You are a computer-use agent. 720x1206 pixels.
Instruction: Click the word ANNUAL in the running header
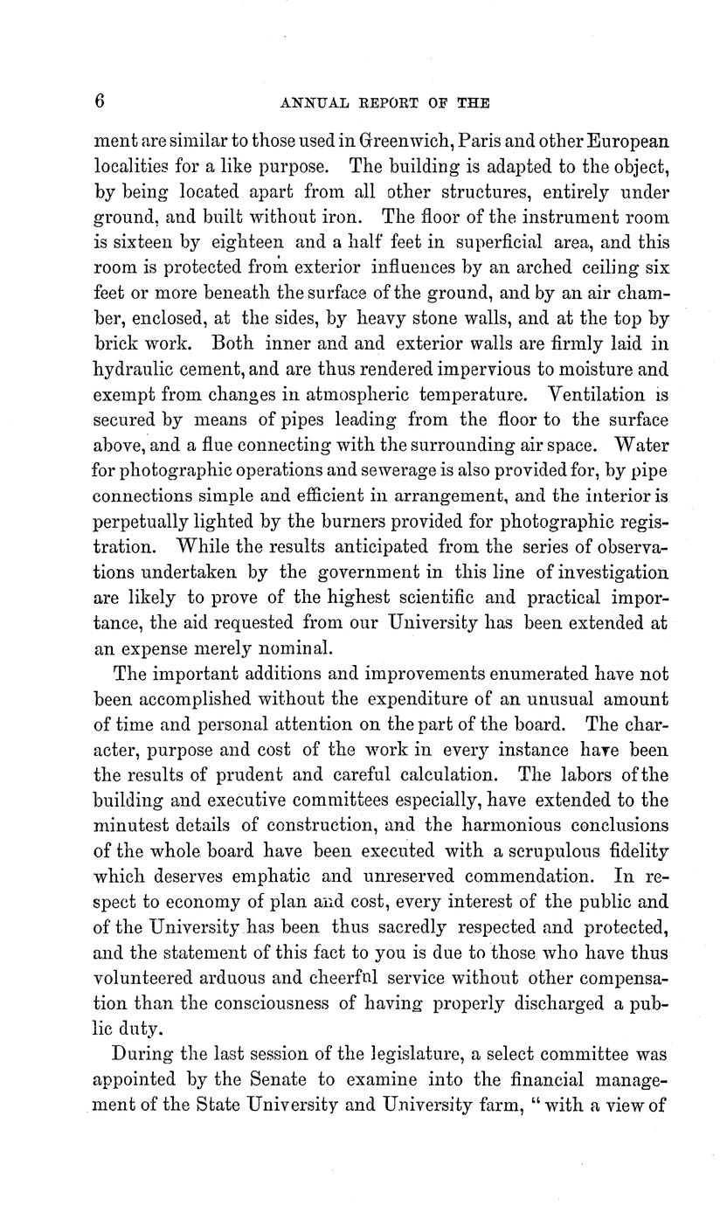312,102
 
